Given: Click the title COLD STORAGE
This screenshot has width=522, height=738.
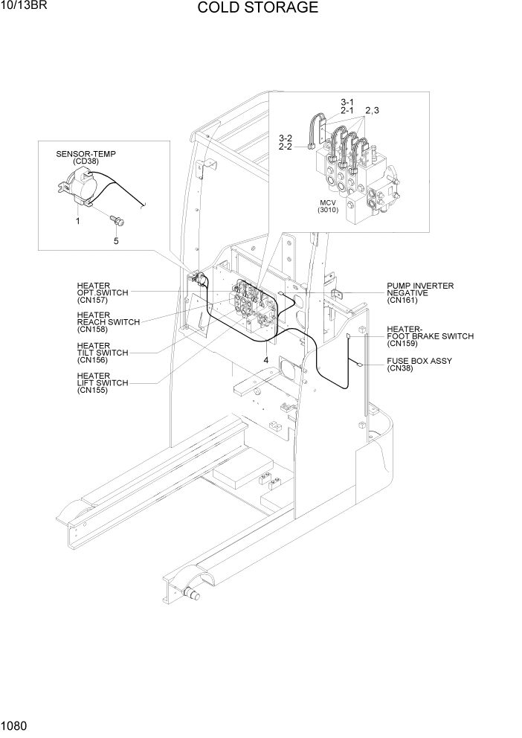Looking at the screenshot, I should click(x=258, y=8).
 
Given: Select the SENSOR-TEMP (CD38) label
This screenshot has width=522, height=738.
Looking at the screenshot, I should click(x=86, y=158).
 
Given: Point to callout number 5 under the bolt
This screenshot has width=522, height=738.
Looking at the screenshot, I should click(x=115, y=241).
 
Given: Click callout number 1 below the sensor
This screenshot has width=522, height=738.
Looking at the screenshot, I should click(x=77, y=221).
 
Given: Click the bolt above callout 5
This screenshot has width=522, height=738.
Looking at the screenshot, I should click(x=116, y=219).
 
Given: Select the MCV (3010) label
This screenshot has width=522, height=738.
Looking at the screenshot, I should click(x=327, y=206).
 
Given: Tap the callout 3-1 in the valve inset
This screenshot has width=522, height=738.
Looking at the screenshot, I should click(x=347, y=102).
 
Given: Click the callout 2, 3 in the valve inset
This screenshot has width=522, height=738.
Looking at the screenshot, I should click(x=371, y=111).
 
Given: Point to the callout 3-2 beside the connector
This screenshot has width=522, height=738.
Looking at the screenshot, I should click(x=286, y=138).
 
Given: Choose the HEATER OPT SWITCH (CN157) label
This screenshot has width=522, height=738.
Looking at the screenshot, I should click(x=102, y=293).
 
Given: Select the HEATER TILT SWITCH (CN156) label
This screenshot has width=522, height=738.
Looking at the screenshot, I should click(x=102, y=353).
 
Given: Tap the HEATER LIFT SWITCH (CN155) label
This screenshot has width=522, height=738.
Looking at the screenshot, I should click(x=102, y=383).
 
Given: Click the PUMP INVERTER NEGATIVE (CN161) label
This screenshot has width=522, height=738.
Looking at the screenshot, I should click(x=419, y=293).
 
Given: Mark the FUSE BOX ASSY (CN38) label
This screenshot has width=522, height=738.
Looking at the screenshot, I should click(x=419, y=365).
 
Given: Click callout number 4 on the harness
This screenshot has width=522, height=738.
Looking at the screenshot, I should click(x=265, y=360).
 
